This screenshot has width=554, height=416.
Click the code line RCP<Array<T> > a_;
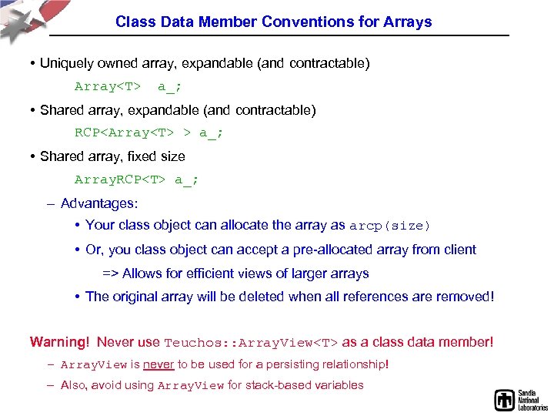click(149, 133)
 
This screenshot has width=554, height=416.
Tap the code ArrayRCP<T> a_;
click(136, 179)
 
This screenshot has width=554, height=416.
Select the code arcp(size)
click(390, 226)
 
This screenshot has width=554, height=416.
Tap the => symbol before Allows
click(110, 273)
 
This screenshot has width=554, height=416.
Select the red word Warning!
click(60, 341)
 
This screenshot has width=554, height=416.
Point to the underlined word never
click(159, 364)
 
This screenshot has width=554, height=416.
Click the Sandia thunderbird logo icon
click(504, 400)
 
